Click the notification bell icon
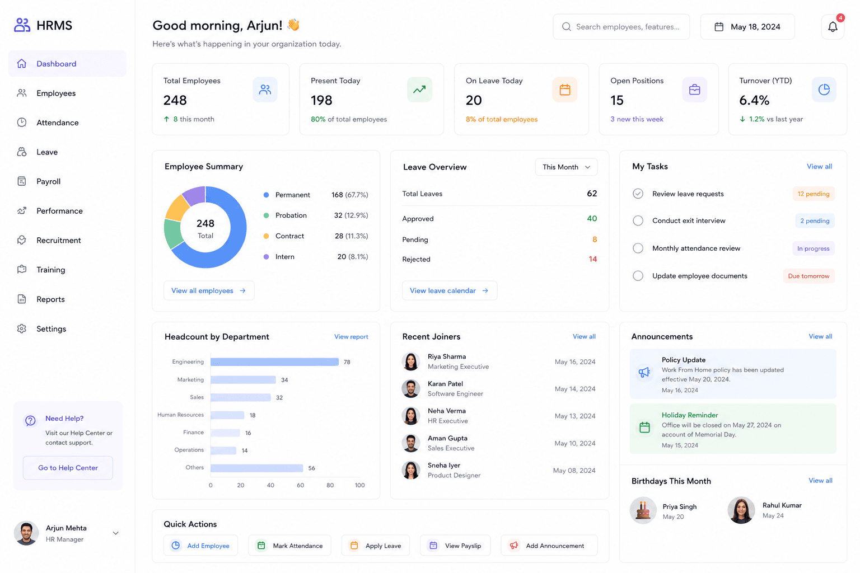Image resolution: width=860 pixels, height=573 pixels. pos(833,27)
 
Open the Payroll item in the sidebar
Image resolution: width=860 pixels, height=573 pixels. pos(48,181)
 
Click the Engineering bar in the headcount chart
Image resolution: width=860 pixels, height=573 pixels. pos(274,362)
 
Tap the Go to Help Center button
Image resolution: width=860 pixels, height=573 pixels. pos(68,467)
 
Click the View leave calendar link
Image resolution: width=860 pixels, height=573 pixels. pos(449,290)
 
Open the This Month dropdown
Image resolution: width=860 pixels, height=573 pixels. pos(566,167)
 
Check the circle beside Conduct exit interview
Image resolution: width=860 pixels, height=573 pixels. pos(638,220)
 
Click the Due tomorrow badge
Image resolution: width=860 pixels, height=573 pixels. pos(808,276)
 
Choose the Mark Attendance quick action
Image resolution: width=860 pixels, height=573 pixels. pos(289,546)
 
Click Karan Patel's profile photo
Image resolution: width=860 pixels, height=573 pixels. pos(411,389)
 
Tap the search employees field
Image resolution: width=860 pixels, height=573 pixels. pos(621,27)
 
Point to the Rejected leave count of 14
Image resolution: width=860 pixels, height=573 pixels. pos(593,259)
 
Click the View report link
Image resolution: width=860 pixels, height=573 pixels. pos(351,337)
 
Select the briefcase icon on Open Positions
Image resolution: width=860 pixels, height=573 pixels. pos(694,90)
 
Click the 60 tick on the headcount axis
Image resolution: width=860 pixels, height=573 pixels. pos(300,485)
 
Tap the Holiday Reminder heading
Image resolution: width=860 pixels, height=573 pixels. pos(690,415)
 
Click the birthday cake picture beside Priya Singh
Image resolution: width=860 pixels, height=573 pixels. pos(643,510)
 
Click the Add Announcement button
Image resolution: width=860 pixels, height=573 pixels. pos(549,546)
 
